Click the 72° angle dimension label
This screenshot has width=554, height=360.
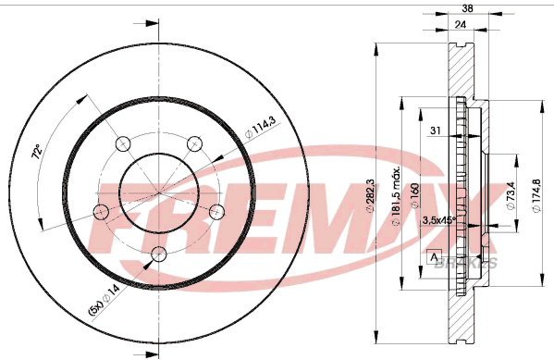(37, 151)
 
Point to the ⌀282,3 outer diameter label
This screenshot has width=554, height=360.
(370, 195)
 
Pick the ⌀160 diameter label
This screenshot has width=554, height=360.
(414, 195)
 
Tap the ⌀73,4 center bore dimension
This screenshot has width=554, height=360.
(511, 195)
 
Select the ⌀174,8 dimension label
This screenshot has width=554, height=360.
(536, 195)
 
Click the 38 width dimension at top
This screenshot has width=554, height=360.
(467, 8)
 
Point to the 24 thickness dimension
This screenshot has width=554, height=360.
(461, 24)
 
